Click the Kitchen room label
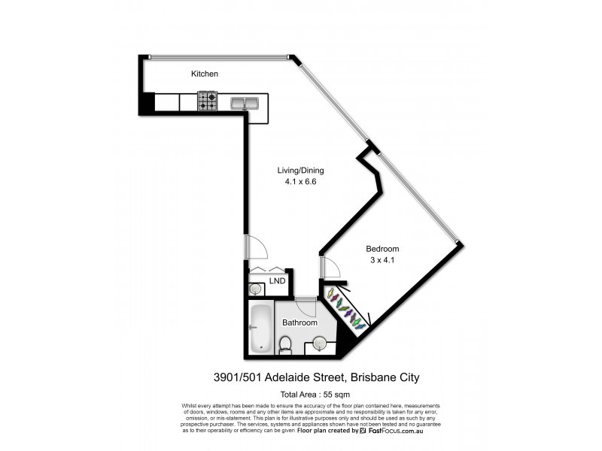[204, 74]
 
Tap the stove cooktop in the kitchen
[208, 101]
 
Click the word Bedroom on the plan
[382, 249]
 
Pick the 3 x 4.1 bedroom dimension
[382, 260]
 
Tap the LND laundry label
[278, 281]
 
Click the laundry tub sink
[255, 288]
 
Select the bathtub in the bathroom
[260, 328]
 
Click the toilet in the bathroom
[285, 344]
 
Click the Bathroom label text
[299, 322]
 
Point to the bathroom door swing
[305, 305]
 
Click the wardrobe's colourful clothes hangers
[347, 310]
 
